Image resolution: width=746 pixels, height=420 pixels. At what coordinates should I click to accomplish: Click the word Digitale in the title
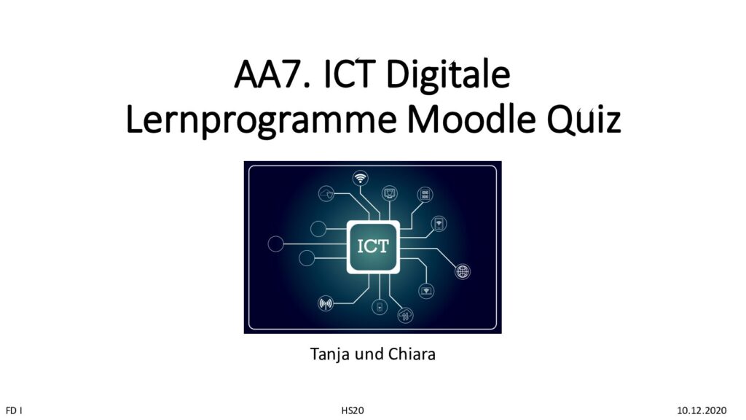448,75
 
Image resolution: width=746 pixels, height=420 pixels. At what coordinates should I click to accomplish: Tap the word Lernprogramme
261,121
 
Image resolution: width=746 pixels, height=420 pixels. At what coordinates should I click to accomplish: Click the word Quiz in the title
584,120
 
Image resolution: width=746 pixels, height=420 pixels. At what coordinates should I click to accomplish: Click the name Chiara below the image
412,354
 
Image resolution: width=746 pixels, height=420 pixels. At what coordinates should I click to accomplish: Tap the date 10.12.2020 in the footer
702,411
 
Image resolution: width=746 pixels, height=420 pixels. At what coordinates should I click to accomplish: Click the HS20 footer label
353,411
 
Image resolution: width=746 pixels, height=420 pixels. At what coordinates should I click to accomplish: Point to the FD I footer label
14,411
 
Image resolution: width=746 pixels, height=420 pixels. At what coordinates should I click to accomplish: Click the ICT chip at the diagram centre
373,246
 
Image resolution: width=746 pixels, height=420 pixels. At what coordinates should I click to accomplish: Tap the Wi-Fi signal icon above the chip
361,179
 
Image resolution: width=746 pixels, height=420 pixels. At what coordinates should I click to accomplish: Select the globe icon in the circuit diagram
463,272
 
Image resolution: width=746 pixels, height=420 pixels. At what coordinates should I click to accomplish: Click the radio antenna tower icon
326,303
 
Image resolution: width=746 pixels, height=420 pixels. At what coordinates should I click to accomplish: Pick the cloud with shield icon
326,194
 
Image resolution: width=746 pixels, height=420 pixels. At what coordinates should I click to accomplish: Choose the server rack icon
425,194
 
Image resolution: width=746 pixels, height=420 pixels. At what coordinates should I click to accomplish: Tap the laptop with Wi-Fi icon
426,290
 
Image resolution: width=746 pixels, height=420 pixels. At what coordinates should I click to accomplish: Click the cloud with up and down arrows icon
405,315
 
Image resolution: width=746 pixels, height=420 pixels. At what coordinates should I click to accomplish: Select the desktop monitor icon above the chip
390,193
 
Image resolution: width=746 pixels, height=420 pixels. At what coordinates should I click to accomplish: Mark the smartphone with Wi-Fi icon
439,223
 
